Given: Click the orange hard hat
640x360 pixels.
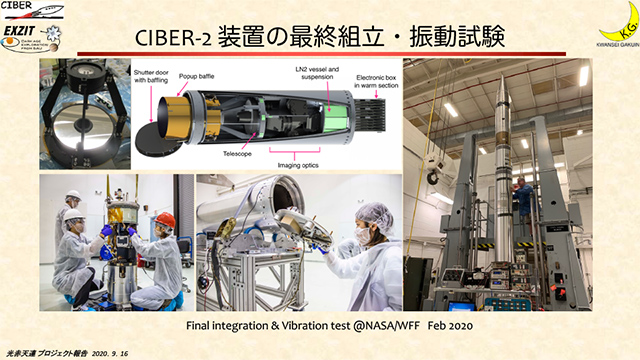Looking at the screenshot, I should pyautogui.click(x=165, y=219).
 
